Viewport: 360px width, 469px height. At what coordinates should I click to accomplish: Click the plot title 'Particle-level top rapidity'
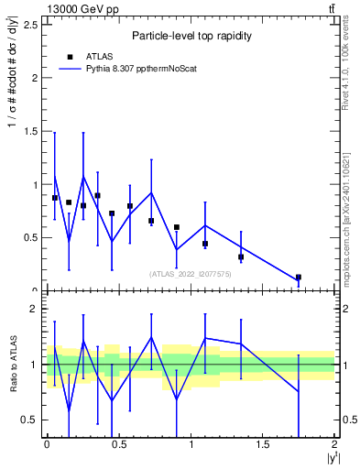pos(189,36)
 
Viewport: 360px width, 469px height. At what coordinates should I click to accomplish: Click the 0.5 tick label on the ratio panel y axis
pos(30,420)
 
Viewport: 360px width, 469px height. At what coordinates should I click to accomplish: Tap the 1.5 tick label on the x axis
pos(263,444)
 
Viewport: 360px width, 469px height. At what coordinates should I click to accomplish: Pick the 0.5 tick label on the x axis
pos(118,444)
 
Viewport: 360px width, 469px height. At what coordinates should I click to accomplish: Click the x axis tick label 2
pos(335,444)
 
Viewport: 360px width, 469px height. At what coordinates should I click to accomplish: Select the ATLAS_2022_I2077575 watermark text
pos(190,273)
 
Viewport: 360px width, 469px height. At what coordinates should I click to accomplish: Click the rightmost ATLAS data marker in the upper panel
pos(299,277)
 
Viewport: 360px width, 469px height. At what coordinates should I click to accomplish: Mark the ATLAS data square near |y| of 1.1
pos(205,244)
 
